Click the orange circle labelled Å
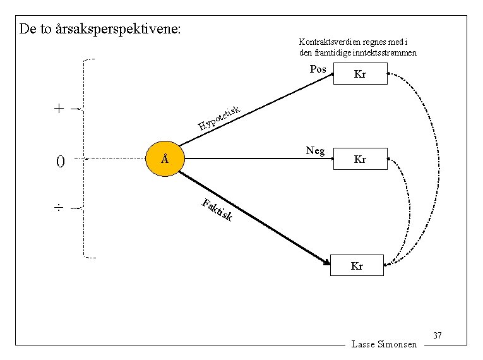click(x=164, y=159)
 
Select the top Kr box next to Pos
click(x=360, y=75)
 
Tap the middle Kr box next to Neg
click(x=360, y=159)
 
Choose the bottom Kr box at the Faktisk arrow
click(x=357, y=266)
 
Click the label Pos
click(x=318, y=69)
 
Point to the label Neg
click(x=315, y=150)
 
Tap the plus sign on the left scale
click(x=59, y=108)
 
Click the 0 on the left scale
click(x=60, y=162)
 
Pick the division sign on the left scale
click(x=59, y=207)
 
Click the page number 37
click(x=437, y=334)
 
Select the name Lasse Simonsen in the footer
click(x=384, y=344)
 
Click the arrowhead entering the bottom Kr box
click(x=326, y=261)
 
